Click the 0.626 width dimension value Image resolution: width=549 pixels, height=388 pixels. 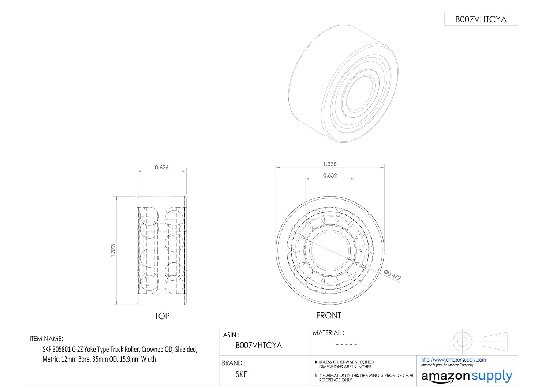pos(161,167)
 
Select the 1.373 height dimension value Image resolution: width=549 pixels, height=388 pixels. pos(113,250)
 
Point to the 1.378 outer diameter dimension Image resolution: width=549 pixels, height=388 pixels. pos(330,164)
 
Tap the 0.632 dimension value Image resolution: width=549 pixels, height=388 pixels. pos(330,175)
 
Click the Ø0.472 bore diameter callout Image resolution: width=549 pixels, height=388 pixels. pos(392,275)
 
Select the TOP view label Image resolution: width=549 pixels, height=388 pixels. pos(162,316)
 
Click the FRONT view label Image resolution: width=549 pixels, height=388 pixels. pos(329,316)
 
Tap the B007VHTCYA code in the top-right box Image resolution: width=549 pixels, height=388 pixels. pos(481,19)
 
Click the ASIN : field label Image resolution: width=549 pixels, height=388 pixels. pos(231,335)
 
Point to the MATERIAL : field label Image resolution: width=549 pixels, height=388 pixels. pos(328,333)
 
